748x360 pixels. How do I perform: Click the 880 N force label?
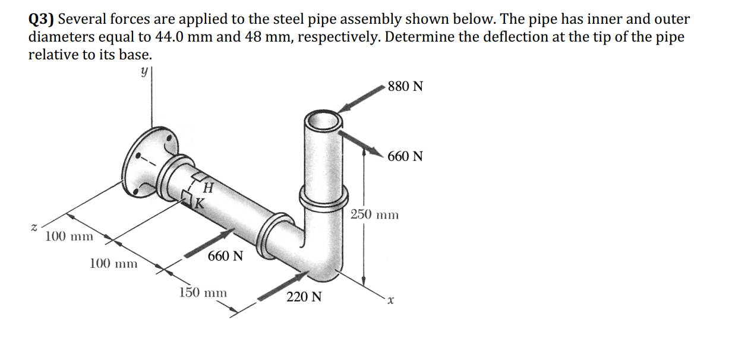(x=405, y=86)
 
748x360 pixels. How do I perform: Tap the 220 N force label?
(x=304, y=296)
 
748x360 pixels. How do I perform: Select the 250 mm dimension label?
(x=374, y=214)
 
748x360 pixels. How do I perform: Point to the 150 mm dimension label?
(x=203, y=292)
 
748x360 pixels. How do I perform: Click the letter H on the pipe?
(x=208, y=188)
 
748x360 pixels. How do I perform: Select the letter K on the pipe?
(x=200, y=204)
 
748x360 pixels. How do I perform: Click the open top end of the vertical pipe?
(x=324, y=120)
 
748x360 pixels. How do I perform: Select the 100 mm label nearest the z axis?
(x=69, y=236)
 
